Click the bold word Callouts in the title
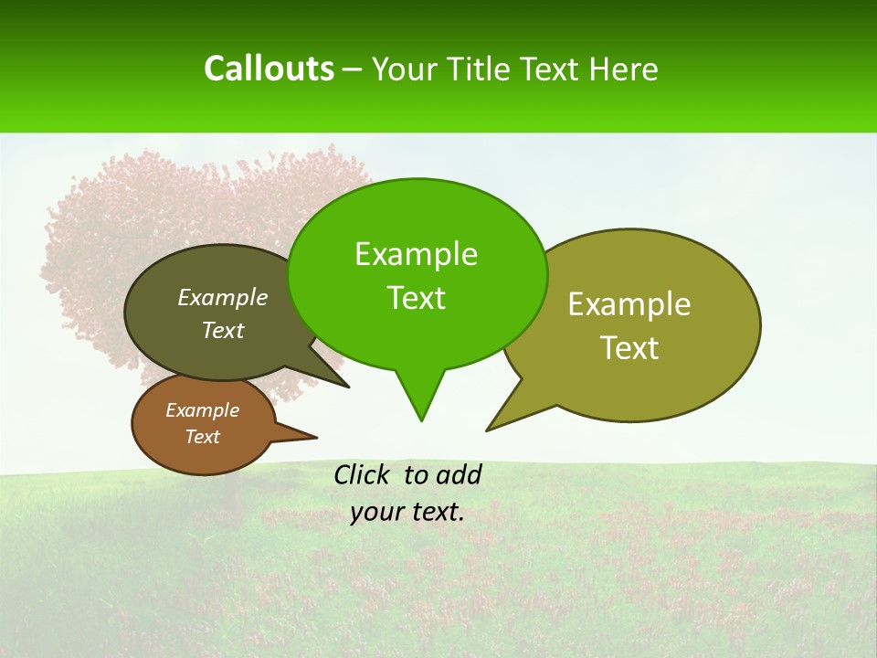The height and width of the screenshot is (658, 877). pos(269,69)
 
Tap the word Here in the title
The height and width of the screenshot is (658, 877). pos(623,69)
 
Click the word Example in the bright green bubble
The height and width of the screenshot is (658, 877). pos(416,254)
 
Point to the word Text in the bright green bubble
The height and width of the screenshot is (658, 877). pos(416,298)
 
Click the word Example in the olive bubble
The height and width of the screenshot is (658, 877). pos(629,304)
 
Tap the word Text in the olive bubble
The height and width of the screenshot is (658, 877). pos(629,348)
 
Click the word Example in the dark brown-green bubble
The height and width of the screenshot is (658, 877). pos(223,297)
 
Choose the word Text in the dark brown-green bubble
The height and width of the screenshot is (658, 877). pos(223,330)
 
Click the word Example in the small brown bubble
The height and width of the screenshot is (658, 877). pos(202,410)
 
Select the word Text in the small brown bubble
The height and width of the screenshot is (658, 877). pos(202,437)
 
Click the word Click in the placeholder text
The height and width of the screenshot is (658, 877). pos(363,474)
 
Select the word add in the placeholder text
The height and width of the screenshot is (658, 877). pos(459,474)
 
